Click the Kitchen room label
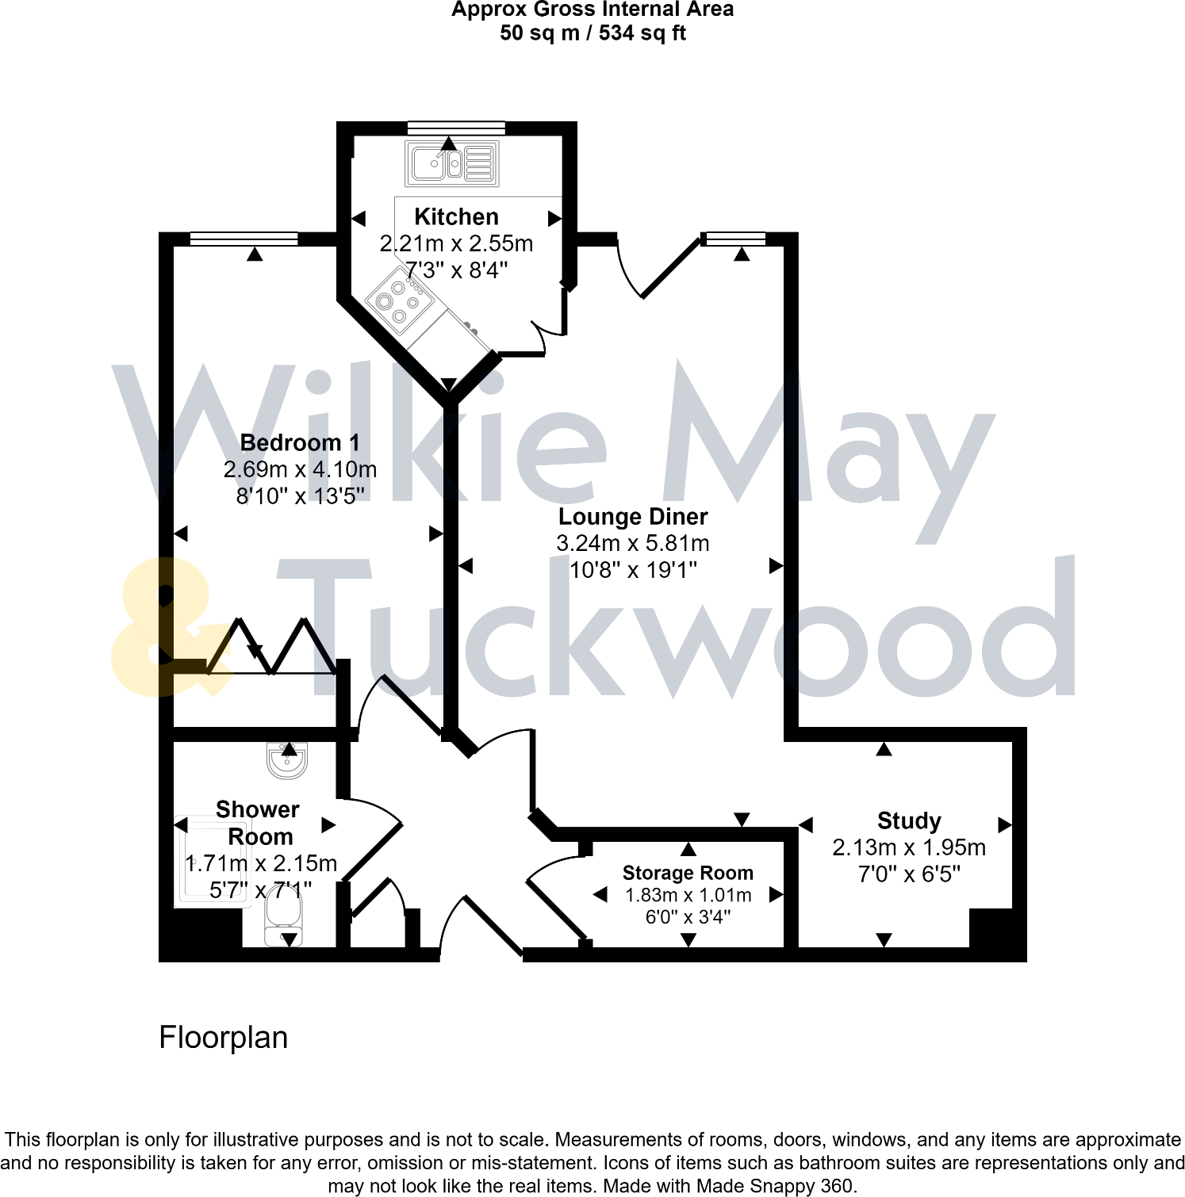point(456,216)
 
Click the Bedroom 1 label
point(300,442)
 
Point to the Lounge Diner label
point(633,517)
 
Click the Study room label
point(909,820)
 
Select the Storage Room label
point(688,873)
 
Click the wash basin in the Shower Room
point(287,761)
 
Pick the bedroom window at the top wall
point(244,239)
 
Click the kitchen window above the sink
point(456,127)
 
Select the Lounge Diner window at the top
point(735,239)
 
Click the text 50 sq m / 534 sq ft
point(592,33)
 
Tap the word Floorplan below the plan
point(223,1038)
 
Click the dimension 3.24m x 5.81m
point(633,544)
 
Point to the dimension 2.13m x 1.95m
point(909,847)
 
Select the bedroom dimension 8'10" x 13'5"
point(300,496)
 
